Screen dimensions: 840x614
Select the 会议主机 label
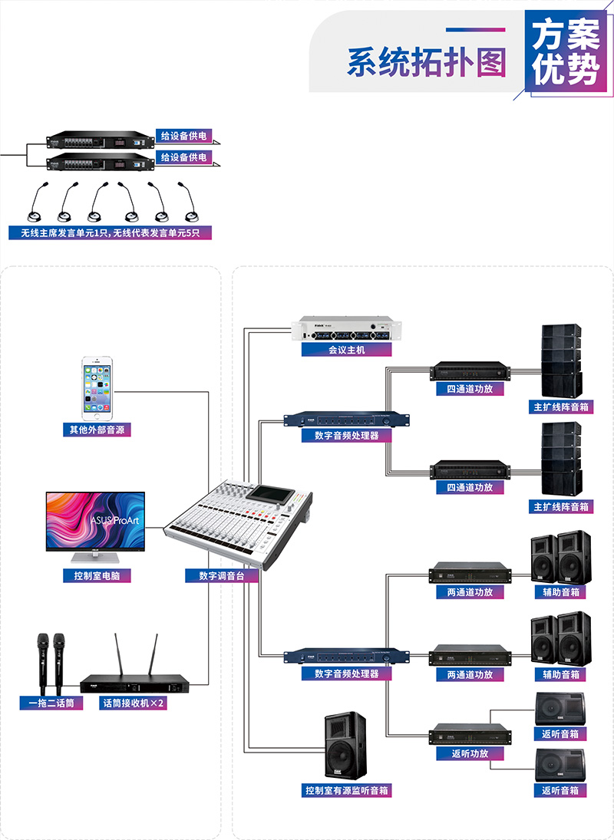point(346,350)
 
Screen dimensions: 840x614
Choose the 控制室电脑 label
point(96,575)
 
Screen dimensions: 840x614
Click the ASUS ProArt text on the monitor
point(113,519)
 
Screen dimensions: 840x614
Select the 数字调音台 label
point(221,575)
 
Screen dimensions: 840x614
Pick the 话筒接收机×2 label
point(134,703)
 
